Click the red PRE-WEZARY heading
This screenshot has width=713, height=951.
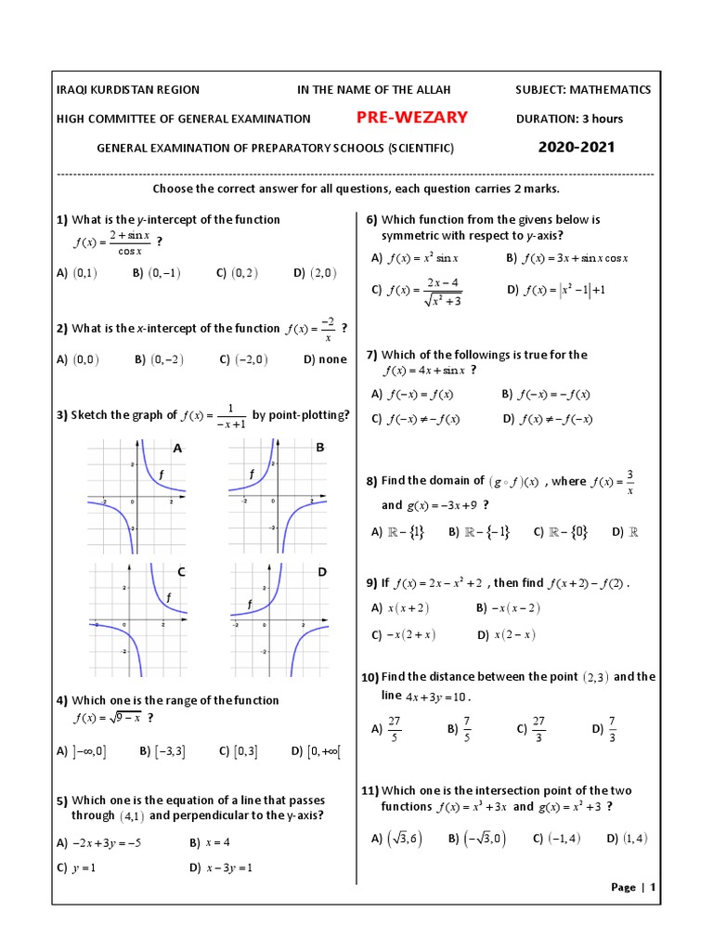(412, 117)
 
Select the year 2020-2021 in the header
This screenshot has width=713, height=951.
(576, 147)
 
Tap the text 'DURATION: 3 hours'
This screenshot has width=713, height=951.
(569, 118)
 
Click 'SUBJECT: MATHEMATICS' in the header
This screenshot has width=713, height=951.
(583, 89)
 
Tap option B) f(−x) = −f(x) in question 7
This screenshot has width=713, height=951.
(546, 394)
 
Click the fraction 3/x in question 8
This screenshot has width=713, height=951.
(630, 482)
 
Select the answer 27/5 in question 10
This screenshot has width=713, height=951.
(394, 729)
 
